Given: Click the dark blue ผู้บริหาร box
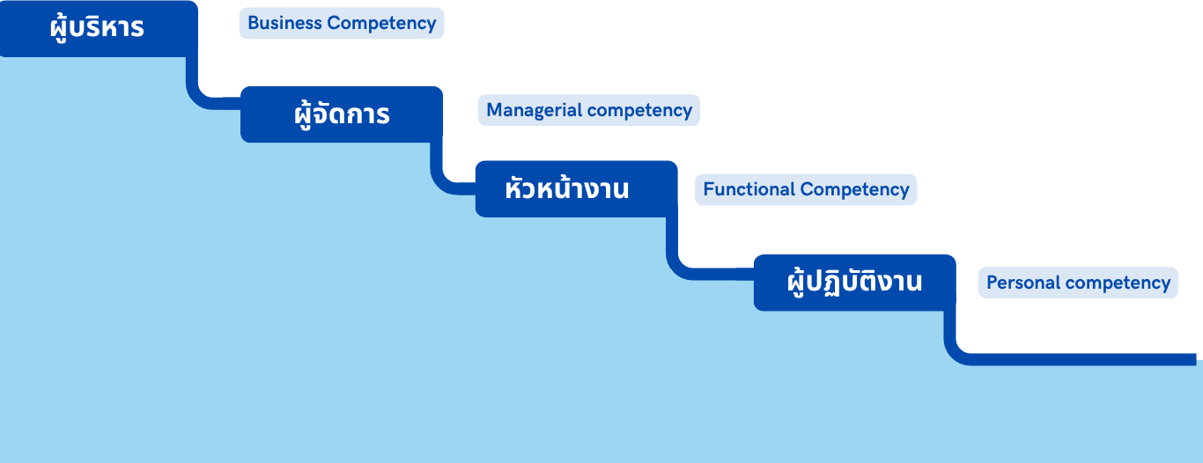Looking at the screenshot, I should tap(97, 28).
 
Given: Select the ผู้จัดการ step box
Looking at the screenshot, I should tap(342, 114).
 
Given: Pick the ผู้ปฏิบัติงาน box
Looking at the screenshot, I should tap(854, 283).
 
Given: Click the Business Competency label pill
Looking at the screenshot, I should tap(342, 24).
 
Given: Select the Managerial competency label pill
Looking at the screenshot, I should tap(589, 110).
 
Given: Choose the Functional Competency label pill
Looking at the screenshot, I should tap(806, 189).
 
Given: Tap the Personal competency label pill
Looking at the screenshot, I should tap(1078, 283).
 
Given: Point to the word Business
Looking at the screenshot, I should tap(285, 24).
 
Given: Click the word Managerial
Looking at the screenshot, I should tap(535, 110).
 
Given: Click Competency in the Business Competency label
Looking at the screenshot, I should tap(381, 24).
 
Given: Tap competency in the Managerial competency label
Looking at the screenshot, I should tap(640, 110).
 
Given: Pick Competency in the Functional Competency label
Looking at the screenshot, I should tap(855, 189).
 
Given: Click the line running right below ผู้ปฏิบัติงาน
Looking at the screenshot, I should tap(1074, 358).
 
